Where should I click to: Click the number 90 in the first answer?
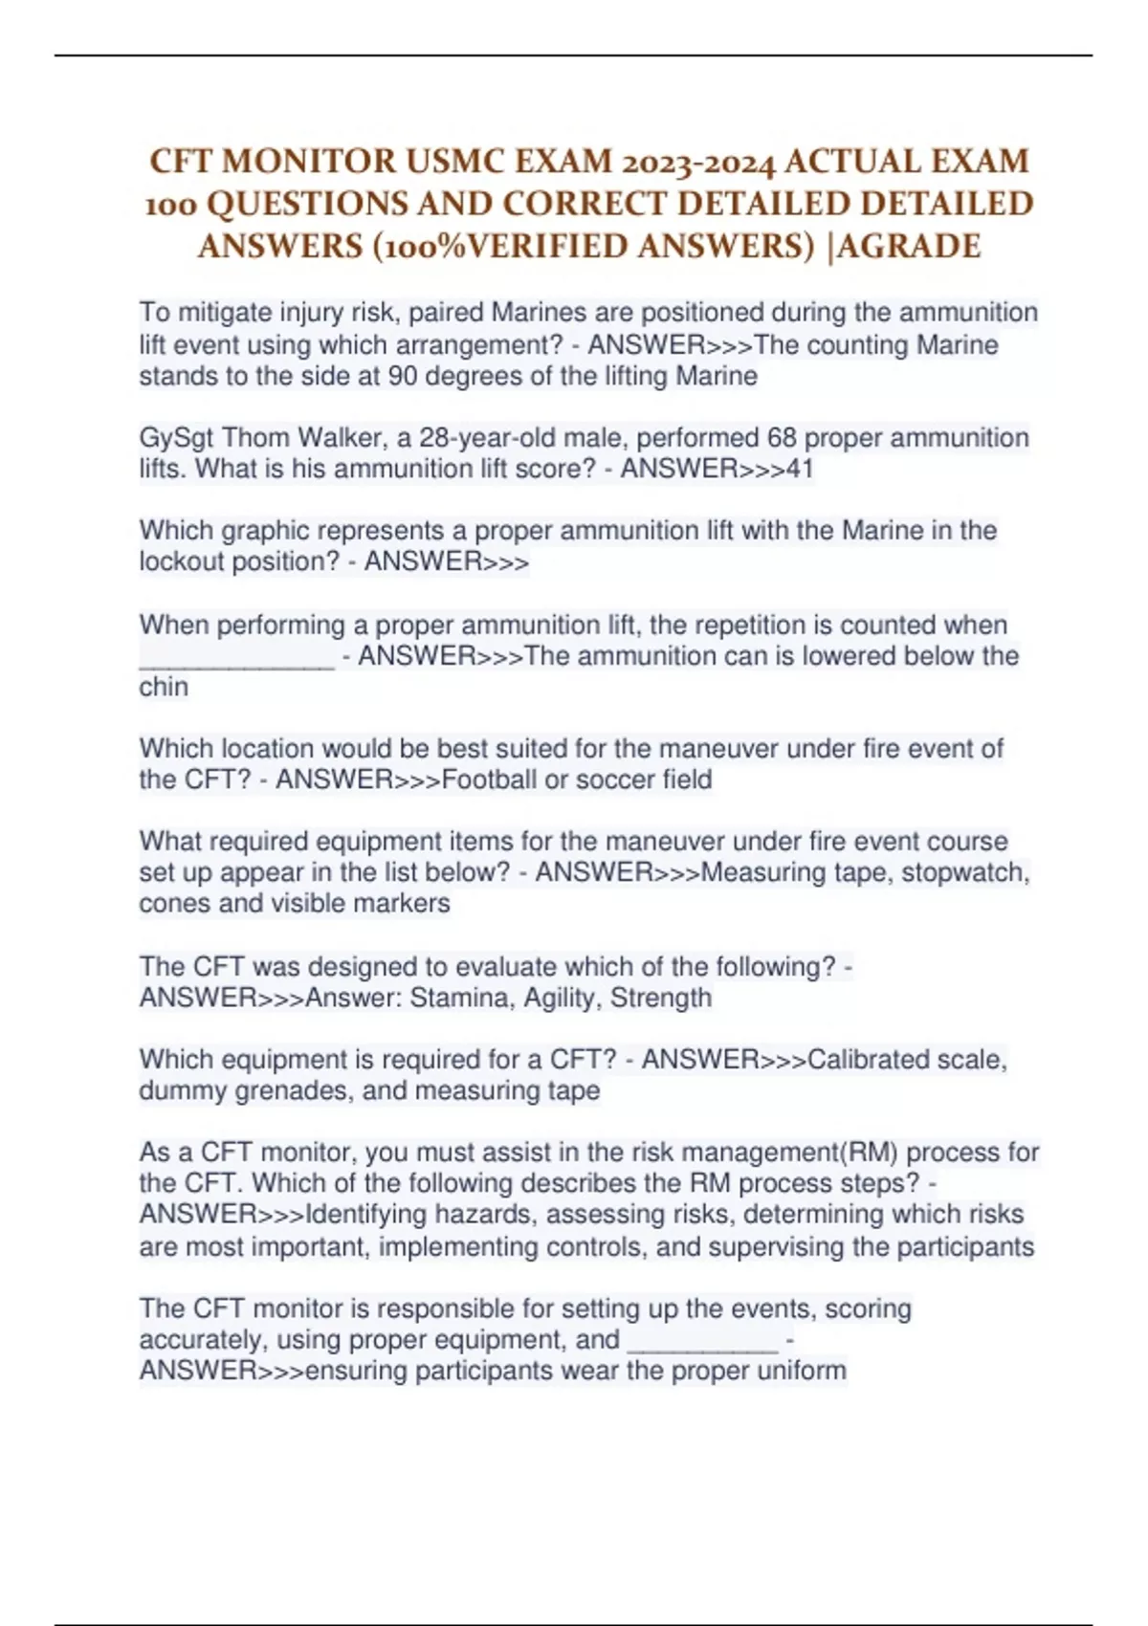(x=402, y=376)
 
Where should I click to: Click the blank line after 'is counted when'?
(x=236, y=660)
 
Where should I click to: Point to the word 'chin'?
(x=164, y=687)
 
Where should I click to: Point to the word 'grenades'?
(x=295, y=1090)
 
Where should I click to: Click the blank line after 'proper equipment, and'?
(x=702, y=1343)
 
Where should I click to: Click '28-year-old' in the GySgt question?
(x=486, y=438)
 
